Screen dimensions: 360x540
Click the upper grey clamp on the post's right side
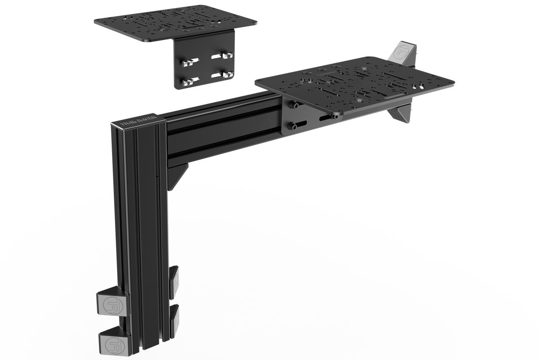(x=174, y=281)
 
